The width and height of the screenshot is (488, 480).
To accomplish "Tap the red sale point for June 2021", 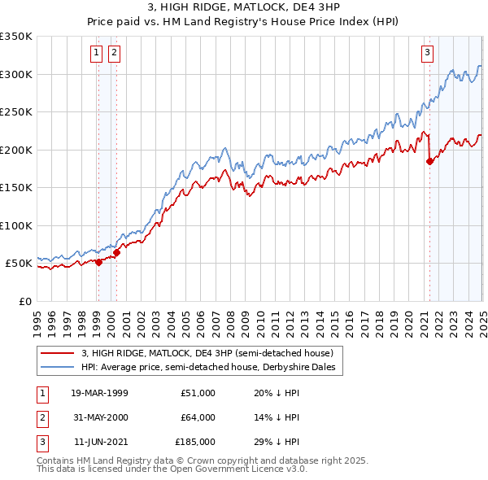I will (429, 161).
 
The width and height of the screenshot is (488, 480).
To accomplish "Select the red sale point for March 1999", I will (98, 262).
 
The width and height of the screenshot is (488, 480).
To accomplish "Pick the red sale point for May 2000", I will (116, 252).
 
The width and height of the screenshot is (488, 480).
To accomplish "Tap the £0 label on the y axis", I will (23, 301).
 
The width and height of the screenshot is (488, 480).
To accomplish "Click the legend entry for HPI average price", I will (213, 367).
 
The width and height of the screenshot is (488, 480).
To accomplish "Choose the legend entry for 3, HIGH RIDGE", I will (207, 353).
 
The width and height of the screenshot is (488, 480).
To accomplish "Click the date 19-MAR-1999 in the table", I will (100, 393).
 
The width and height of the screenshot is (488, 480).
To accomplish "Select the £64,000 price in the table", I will (195, 417).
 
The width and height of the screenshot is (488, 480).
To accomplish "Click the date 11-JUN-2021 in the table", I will (100, 442).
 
